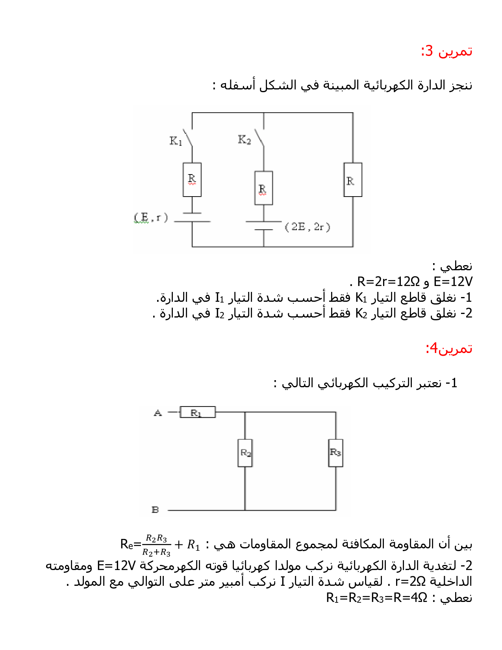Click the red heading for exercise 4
448,348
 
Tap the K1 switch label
176,141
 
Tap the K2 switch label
244,139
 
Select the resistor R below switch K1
192,180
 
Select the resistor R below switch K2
263,188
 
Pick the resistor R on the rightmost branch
352,180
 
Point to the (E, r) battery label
151,217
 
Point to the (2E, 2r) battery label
307,227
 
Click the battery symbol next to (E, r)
192,217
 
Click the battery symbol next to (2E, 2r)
264,225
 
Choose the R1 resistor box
197,412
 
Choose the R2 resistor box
245,453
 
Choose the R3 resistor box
335,453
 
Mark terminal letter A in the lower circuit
157,413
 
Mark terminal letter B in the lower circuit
155,510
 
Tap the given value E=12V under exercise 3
453,282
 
